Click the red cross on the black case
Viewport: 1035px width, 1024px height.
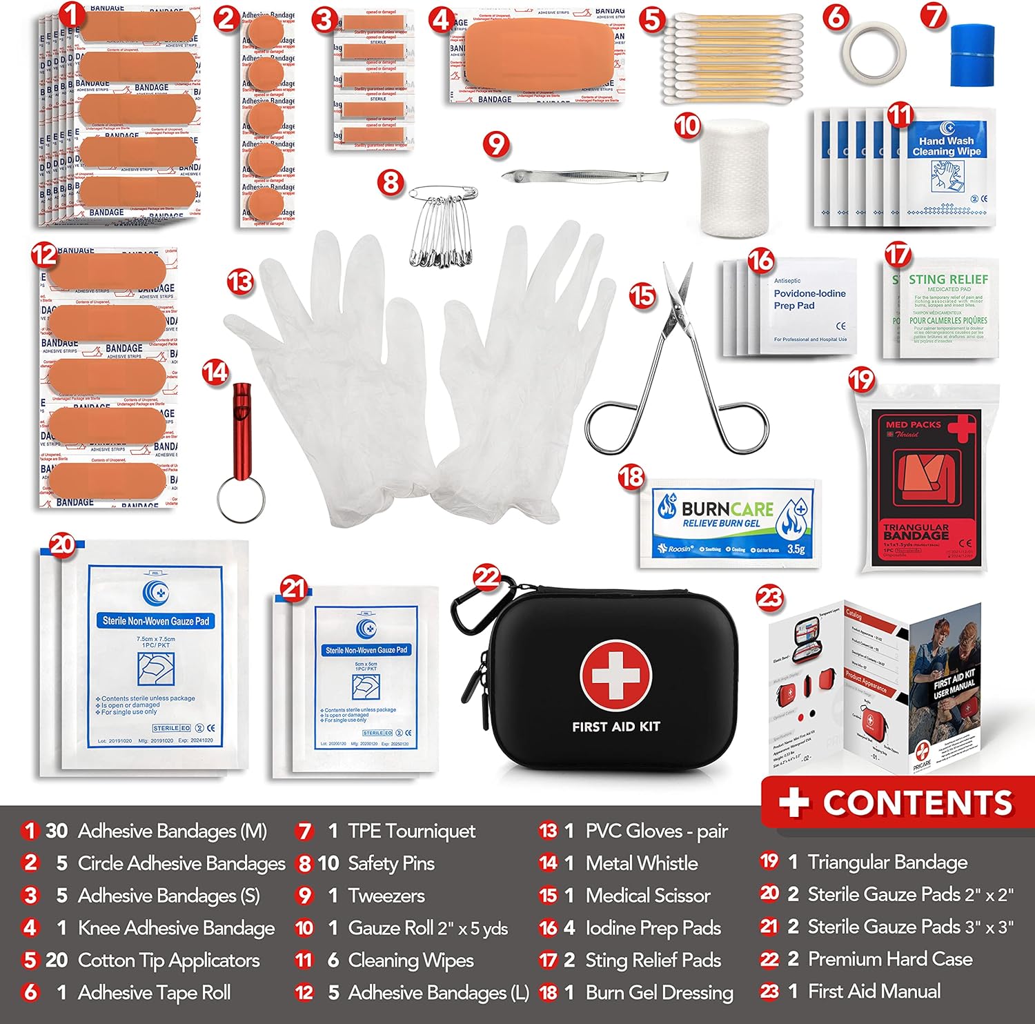(x=615, y=674)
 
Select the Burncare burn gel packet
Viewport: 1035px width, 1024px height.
(x=730, y=522)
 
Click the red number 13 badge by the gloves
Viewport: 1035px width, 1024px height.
(x=240, y=281)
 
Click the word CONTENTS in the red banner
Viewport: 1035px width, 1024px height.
(x=918, y=803)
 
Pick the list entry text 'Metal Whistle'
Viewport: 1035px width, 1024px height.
(x=641, y=863)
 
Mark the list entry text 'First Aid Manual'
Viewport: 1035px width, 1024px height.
(x=874, y=992)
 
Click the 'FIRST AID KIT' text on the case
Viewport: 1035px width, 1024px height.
(x=615, y=727)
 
